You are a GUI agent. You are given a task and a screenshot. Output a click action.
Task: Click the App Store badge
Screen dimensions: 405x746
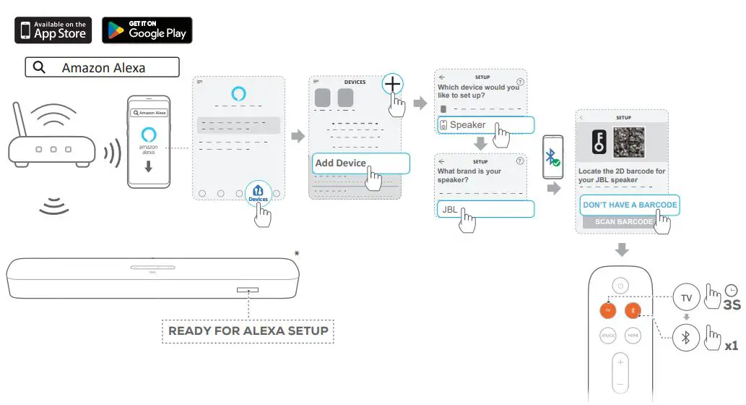(53, 30)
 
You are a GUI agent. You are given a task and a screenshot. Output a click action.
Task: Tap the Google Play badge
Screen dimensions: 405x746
(147, 30)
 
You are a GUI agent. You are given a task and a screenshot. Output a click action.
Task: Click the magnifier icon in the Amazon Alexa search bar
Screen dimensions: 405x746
(40, 68)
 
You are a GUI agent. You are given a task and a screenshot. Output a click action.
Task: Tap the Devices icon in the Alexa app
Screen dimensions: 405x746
(258, 193)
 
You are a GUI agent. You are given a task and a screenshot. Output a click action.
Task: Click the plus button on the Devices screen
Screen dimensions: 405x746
(392, 85)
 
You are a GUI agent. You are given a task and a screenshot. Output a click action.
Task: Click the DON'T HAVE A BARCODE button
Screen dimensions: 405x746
(629, 205)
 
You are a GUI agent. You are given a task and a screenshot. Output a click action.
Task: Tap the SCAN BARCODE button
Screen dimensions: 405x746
(623, 222)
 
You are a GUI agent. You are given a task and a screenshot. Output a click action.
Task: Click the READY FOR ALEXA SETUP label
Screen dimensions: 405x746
(248, 331)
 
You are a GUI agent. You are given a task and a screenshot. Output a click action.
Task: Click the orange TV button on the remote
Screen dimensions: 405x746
(608, 310)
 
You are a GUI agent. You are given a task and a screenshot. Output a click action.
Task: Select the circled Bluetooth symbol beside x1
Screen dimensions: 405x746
(686, 337)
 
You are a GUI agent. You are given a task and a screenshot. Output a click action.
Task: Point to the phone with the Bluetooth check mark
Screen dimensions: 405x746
(552, 156)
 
